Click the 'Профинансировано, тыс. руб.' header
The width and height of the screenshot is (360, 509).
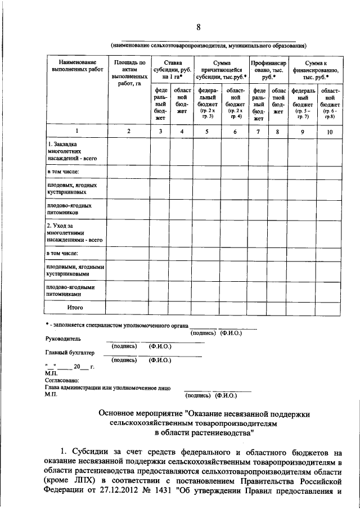tap(269, 69)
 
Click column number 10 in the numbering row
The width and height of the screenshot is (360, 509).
tap(330, 131)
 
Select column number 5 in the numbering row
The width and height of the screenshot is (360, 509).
tap(206, 131)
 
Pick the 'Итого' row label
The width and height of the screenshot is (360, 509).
tap(75, 308)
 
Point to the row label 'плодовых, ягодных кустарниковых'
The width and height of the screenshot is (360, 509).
tap(67, 188)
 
